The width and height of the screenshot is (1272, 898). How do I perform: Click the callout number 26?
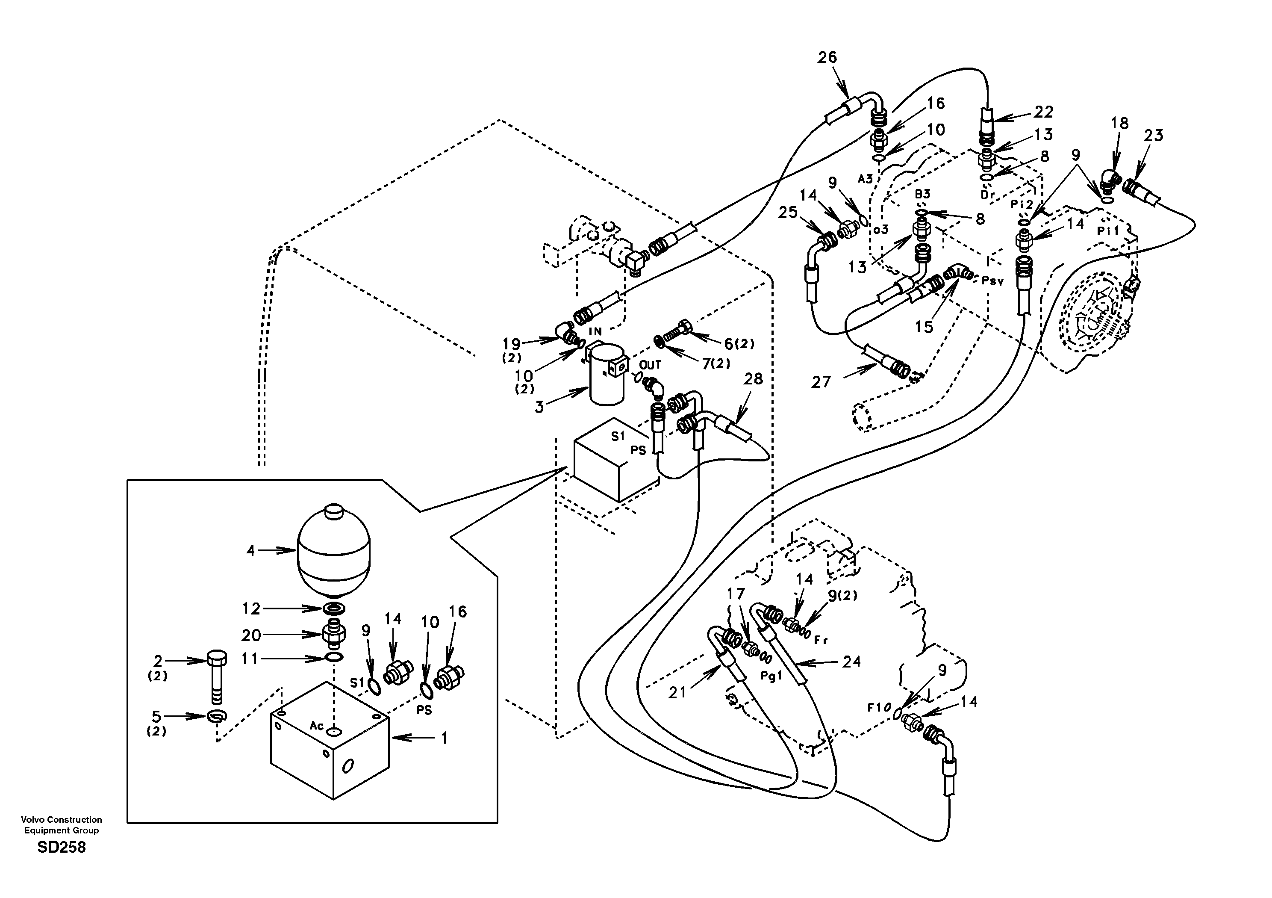[827, 58]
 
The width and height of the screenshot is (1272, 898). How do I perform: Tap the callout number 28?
[753, 379]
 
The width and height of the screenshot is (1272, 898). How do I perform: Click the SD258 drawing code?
[62, 848]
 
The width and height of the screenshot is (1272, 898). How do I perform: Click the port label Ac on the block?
[316, 726]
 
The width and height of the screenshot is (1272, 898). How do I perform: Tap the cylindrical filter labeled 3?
[606, 376]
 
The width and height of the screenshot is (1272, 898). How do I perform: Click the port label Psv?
[992, 281]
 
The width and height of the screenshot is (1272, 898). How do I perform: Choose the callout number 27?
[821, 382]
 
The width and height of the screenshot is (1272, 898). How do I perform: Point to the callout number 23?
[1154, 136]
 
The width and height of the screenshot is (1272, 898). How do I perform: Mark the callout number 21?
[677, 692]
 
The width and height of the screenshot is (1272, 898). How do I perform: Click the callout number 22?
[1043, 112]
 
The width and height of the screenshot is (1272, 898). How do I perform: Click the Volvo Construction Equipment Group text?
[62, 825]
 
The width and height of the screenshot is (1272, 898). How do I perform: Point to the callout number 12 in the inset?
[251, 609]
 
